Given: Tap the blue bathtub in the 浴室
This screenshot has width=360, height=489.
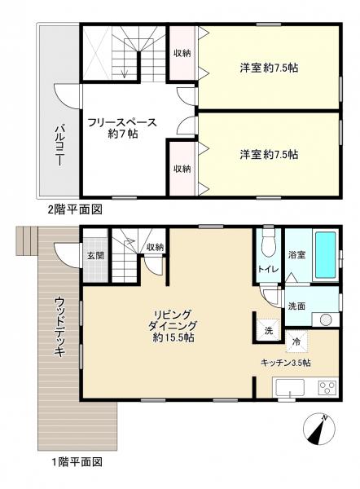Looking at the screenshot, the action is [x=326, y=254].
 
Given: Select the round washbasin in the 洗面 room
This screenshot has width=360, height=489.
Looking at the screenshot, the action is [x=326, y=320].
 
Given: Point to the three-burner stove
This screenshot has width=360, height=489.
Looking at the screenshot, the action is [x=327, y=388].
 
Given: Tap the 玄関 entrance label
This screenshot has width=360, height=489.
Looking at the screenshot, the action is [x=95, y=256].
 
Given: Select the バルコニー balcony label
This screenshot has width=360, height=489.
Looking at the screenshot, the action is [x=59, y=145].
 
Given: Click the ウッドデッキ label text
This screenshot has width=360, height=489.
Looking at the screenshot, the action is [x=59, y=327].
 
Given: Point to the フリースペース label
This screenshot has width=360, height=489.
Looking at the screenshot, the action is [x=122, y=122].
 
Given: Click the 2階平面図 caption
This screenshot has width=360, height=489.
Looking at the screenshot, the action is [x=75, y=209].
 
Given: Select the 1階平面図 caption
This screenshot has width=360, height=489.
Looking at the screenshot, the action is [x=77, y=461].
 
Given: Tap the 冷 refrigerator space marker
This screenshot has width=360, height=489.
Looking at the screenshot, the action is [x=296, y=341].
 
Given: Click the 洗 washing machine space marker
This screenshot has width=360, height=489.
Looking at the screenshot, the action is [x=269, y=331].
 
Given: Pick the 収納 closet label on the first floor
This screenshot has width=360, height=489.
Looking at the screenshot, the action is [x=155, y=247].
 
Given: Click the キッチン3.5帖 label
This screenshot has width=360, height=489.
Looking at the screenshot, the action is [x=286, y=363].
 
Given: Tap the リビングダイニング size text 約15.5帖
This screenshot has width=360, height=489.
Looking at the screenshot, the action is [x=173, y=337].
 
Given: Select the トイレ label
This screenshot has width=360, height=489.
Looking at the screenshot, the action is [x=268, y=269].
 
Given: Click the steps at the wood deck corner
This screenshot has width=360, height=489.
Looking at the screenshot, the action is [x=27, y=241].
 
